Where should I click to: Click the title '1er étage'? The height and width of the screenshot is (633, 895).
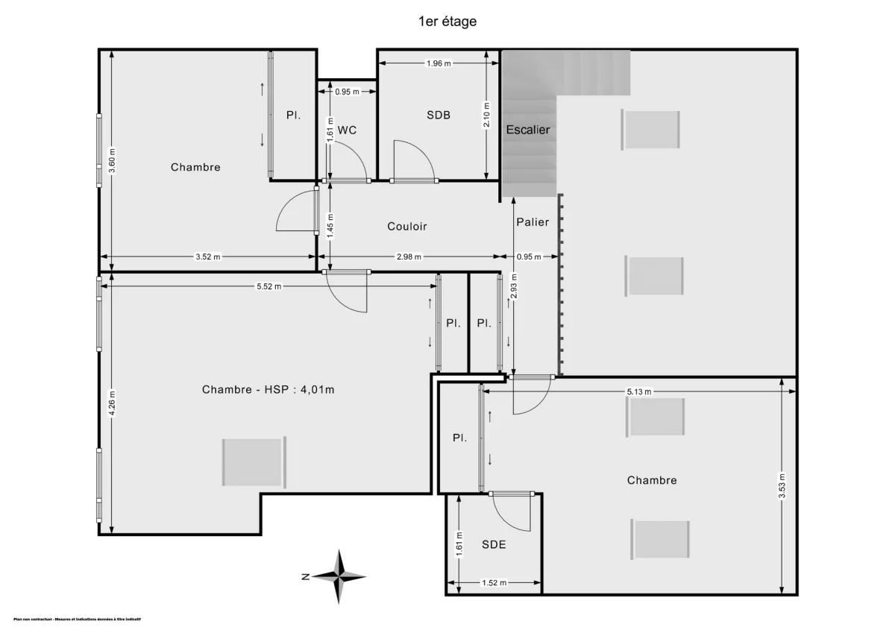click(x=447, y=22)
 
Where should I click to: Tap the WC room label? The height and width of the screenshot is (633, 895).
click(x=347, y=130)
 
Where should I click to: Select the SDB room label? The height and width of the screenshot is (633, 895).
click(x=439, y=115)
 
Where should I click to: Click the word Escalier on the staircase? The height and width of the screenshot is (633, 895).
click(x=528, y=130)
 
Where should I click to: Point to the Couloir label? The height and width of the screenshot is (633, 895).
click(x=407, y=226)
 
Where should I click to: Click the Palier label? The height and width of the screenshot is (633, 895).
click(x=533, y=222)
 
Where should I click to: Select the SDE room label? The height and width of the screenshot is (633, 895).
click(x=494, y=545)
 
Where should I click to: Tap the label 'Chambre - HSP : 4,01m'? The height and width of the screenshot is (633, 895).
click(x=268, y=389)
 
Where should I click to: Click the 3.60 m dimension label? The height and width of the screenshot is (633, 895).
click(x=112, y=161)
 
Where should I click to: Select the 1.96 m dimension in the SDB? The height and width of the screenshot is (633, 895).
click(x=439, y=63)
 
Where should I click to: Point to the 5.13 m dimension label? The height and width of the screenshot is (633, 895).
click(x=639, y=391)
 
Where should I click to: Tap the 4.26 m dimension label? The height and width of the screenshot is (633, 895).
click(x=112, y=404)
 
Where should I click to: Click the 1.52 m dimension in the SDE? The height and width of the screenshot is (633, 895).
click(x=494, y=583)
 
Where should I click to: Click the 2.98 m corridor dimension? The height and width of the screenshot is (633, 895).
click(x=408, y=257)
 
